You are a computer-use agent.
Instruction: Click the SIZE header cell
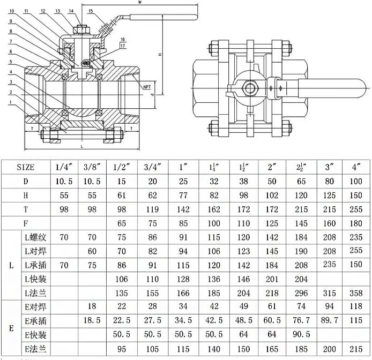click(x=25, y=167)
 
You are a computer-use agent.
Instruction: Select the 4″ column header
click(x=356, y=167)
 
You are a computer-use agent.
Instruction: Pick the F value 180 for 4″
click(x=356, y=222)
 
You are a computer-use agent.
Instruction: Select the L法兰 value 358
click(x=356, y=293)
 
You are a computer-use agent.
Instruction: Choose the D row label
click(x=25, y=181)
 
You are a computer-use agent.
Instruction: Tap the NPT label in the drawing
click(x=147, y=87)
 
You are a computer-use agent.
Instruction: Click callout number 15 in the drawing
click(x=91, y=11)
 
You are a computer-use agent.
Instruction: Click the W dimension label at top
click(x=139, y=3)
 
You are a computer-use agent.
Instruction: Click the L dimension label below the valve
click(x=81, y=145)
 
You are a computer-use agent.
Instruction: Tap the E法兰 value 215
click(x=356, y=349)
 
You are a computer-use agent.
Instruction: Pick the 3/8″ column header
click(x=93, y=167)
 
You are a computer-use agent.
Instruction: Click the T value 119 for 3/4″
click(x=153, y=208)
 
